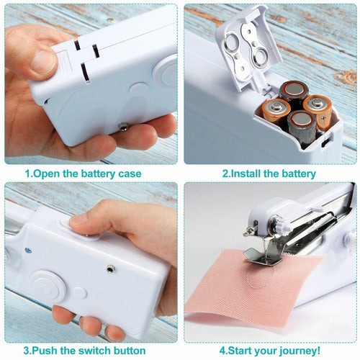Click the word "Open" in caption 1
point(46,174)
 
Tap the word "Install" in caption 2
point(245,174)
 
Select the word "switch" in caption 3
point(95,351)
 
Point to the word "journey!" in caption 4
point(300,351)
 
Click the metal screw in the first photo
point(123,127)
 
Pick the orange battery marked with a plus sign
point(318,112)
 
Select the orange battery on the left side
point(276,111)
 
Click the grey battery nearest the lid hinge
point(294,91)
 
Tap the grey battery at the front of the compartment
point(302,127)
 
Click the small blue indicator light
point(28,251)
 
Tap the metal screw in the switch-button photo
point(110,269)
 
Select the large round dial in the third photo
point(49,286)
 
